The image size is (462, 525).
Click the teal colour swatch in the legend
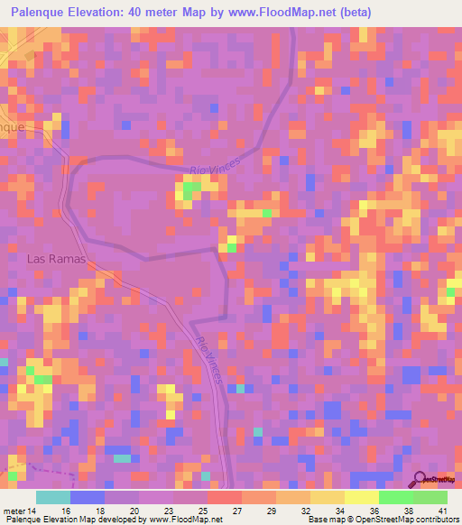pos(53,497)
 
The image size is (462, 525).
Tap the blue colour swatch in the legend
pos(88,497)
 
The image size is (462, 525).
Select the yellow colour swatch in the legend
pos(362,497)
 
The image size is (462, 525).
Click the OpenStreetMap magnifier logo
pos(420,479)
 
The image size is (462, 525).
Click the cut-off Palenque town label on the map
pos(13,127)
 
